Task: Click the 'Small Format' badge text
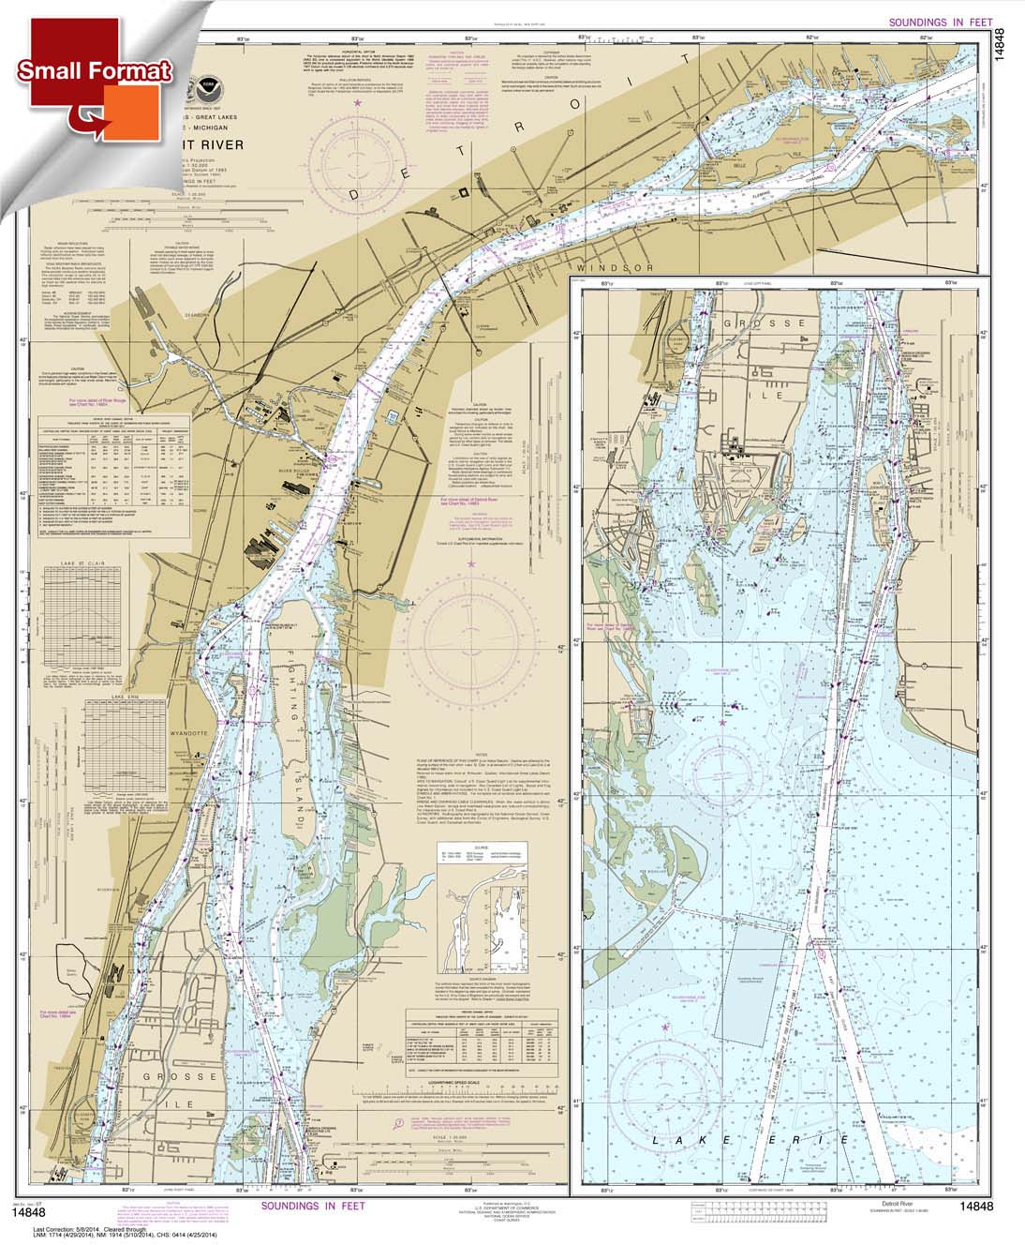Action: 94,71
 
